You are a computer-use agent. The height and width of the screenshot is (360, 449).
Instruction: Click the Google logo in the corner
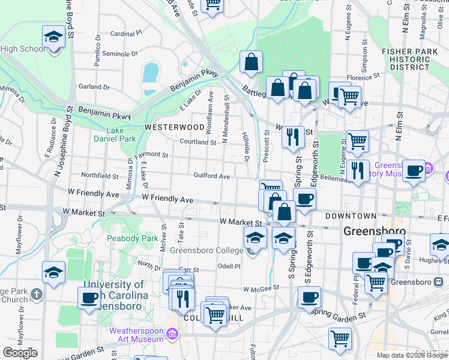pyautogui.click(x=20, y=353)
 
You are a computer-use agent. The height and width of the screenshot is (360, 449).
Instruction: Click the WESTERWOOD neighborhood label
pyautogui.click(x=175, y=127)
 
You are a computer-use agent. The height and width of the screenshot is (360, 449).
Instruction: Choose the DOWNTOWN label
pyautogui.click(x=351, y=215)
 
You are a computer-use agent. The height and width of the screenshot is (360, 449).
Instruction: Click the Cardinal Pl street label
pyautogui.click(x=125, y=34)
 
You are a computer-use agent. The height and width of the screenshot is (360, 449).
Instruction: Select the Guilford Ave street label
pyautogui.click(x=212, y=176)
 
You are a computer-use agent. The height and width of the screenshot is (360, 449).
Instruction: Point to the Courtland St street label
pyautogui.click(x=198, y=142)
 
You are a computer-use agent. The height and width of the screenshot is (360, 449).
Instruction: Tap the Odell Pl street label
pyautogui.click(x=229, y=266)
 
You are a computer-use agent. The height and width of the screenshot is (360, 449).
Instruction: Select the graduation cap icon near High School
pyautogui.click(x=53, y=37)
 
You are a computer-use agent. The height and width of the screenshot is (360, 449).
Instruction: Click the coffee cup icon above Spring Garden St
pyautogui.click(x=310, y=296)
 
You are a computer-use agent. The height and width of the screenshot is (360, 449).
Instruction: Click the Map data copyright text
pyautogui.click(x=412, y=355)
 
